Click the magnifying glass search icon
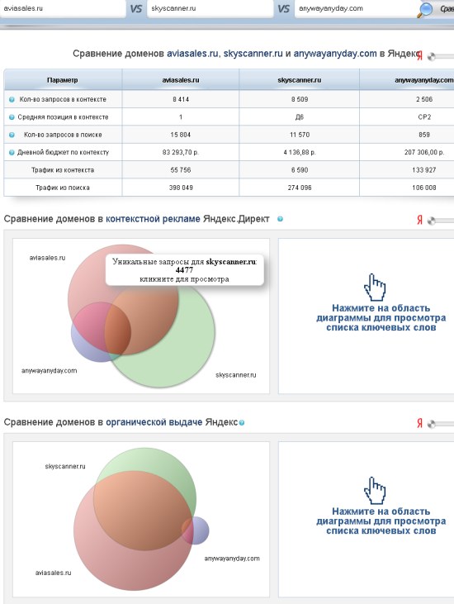[425, 10]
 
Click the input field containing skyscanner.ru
[210, 8]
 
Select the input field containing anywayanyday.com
[356, 8]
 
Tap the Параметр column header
[63, 80]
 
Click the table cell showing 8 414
[181, 99]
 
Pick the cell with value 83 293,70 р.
[181, 153]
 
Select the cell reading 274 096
[300, 188]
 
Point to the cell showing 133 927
[424, 170]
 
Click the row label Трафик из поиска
[63, 188]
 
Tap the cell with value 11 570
[300, 135]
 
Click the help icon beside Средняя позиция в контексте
[12, 117]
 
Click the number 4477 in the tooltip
[184, 270]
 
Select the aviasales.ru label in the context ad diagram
[47, 258]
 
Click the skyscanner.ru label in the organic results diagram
[65, 467]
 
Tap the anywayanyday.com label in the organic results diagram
[232, 559]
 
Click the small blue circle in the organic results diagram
[195, 530]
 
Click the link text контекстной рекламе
[153, 219]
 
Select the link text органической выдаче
[154, 422]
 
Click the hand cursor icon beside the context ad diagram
[375, 288]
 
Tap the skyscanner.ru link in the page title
[253, 54]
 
